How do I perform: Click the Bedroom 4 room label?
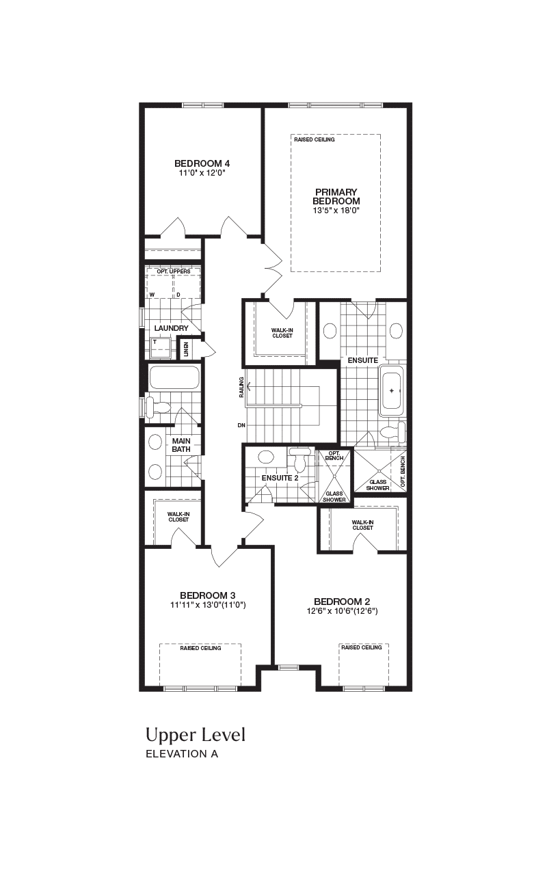pos(202,163)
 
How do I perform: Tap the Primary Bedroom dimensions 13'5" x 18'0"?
pos(336,211)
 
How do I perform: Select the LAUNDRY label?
pos(171,328)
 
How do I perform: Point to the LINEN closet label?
pos(187,349)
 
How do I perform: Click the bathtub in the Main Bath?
pos(174,377)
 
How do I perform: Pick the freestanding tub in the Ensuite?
pos(392,390)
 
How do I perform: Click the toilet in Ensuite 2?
pos(300,460)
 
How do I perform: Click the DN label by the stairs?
pos(241,425)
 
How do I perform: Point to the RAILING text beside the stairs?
pos(241,387)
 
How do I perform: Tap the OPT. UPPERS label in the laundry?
pos(174,271)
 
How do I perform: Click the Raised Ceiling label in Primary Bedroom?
pos(315,139)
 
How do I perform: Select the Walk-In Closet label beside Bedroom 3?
pos(178,517)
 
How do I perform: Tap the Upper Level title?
pos(196,735)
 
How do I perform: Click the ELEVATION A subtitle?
pos(182,754)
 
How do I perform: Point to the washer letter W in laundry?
pos(152,295)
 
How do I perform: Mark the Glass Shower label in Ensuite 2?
pos(334,496)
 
